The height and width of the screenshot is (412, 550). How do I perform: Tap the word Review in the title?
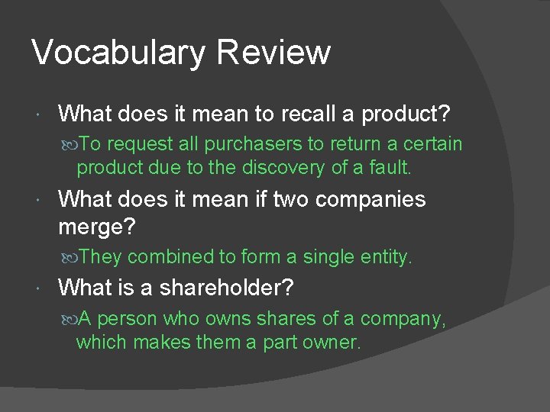pos(273,52)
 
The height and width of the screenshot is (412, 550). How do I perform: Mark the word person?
pos(127,318)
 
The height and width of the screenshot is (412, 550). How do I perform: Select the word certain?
pos(432,144)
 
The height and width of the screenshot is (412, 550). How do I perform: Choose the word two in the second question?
pos(290,199)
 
